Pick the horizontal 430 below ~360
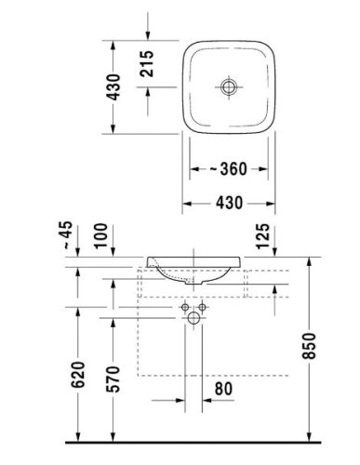tap(227, 201)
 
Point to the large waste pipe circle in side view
tap(193, 320)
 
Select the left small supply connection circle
tap(184, 306)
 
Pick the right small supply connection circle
tap(201, 306)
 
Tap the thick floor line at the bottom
tap(186, 438)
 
